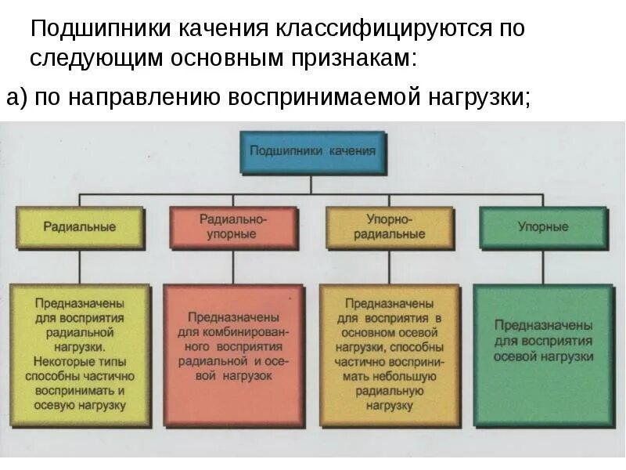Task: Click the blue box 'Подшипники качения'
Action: (x=312, y=152)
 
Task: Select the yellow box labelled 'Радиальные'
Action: (x=79, y=227)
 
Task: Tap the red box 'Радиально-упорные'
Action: (x=233, y=228)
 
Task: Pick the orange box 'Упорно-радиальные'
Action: (x=389, y=228)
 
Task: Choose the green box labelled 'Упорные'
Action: (x=543, y=227)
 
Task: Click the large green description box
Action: (x=543, y=355)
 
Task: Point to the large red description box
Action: (x=233, y=355)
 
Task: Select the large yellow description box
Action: (x=79, y=355)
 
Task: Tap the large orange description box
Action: (x=389, y=355)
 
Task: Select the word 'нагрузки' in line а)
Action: (x=478, y=98)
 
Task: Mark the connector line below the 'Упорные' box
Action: (x=543, y=266)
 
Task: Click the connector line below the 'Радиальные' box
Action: (x=79, y=266)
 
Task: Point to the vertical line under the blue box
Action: (x=312, y=183)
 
